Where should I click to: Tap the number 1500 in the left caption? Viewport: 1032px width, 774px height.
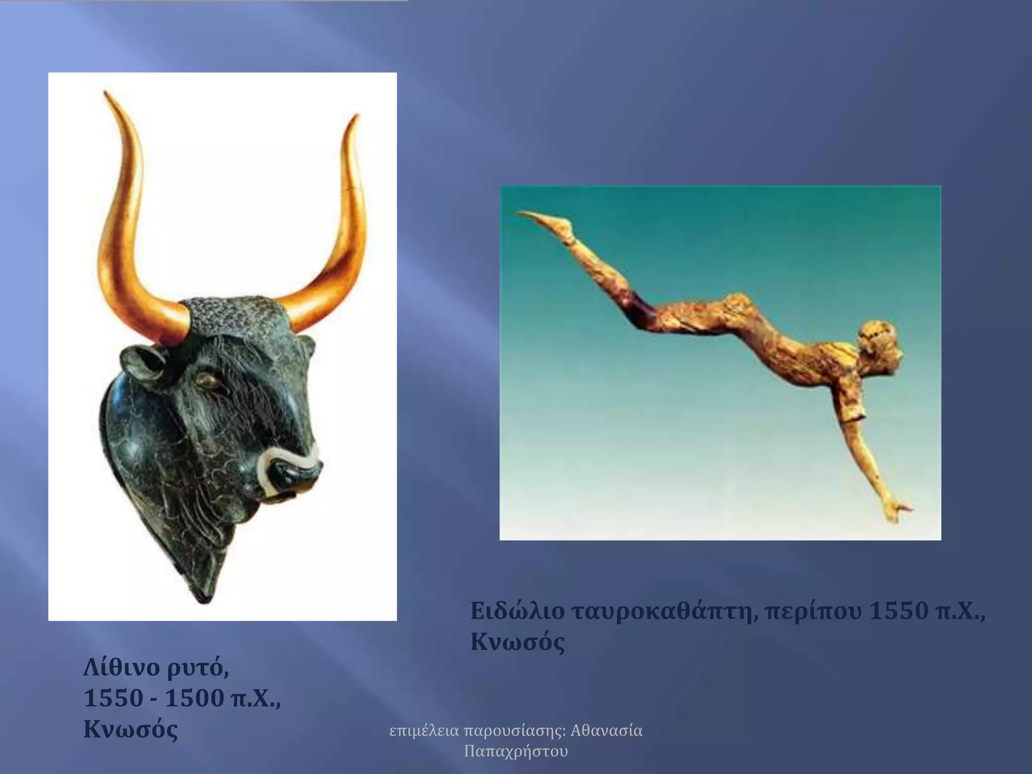[x=195, y=698]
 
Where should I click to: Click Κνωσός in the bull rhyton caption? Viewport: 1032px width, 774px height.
[x=131, y=729]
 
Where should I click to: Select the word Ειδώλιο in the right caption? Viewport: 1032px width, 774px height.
[x=517, y=611]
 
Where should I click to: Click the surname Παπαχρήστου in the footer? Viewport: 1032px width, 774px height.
[x=515, y=751]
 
